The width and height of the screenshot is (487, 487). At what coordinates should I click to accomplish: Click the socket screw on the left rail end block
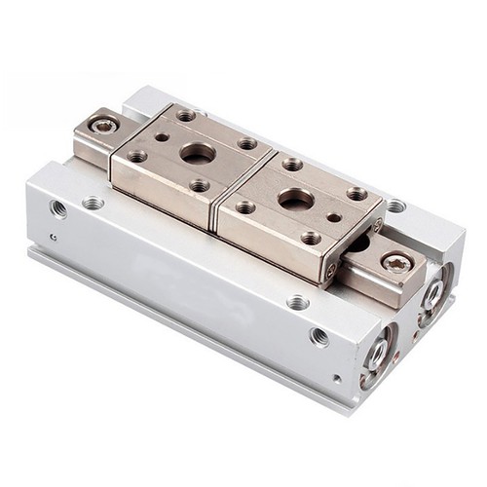pyautogui.click(x=102, y=125)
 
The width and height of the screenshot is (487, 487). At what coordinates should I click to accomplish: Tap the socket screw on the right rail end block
pyautogui.click(x=395, y=262)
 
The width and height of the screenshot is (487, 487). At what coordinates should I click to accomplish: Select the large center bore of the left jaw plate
pyautogui.click(x=197, y=152)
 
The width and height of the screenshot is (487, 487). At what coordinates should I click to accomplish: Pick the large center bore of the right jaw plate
pyautogui.click(x=293, y=201)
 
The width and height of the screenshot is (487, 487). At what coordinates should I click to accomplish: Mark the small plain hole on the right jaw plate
pyautogui.click(x=334, y=218)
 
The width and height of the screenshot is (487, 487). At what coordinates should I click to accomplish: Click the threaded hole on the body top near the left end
pyautogui.click(x=94, y=203)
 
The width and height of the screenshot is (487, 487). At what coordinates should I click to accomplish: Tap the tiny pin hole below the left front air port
pyautogui.click(x=54, y=236)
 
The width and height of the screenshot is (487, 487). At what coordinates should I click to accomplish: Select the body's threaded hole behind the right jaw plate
pyautogui.click(x=395, y=206)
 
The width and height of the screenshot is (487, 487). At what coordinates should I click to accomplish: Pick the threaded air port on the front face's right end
pyautogui.click(x=318, y=336)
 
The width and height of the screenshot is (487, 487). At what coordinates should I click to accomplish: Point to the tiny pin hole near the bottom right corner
pyautogui.click(x=336, y=378)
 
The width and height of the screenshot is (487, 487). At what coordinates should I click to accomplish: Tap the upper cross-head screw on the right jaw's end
pyautogui.click(x=377, y=225)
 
